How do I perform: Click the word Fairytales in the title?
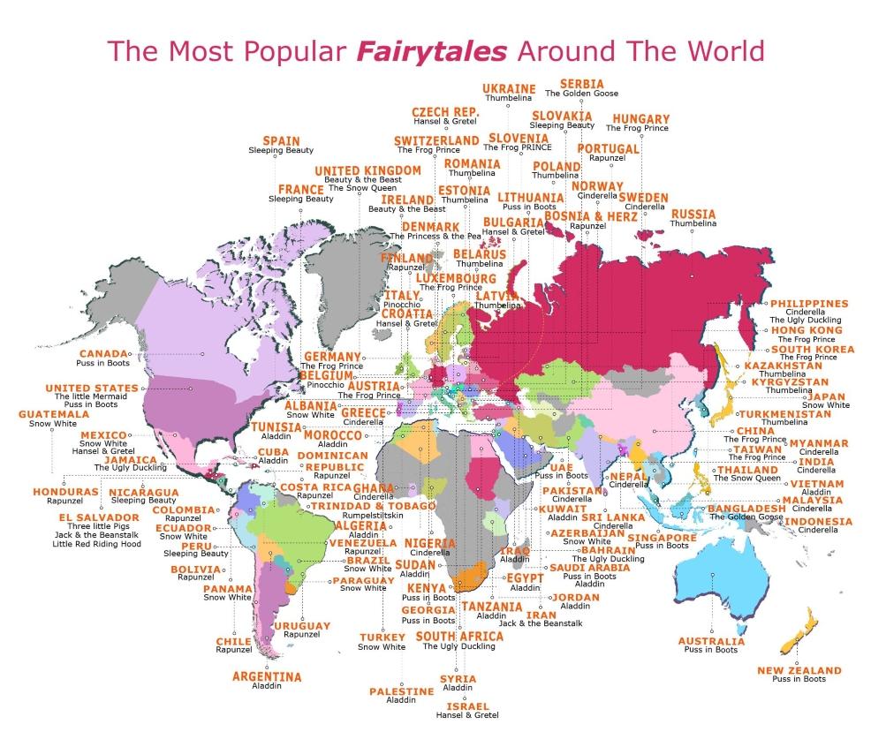[432, 50]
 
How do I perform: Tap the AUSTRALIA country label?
[710, 641]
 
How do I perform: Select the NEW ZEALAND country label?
[799, 670]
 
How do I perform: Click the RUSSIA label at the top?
[693, 215]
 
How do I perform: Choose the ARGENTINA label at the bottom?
[266, 676]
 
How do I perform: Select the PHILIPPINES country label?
[809, 303]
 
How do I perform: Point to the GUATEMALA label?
[52, 413]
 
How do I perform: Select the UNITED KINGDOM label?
[367, 170]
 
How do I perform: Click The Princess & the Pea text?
[435, 237]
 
